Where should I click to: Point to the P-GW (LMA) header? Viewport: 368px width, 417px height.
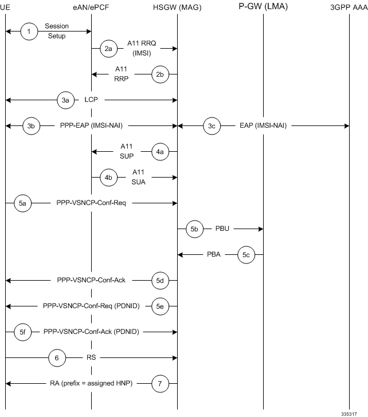(x=263, y=6)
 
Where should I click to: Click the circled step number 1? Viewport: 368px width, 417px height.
(x=29, y=32)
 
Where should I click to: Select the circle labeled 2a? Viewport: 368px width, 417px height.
(x=108, y=49)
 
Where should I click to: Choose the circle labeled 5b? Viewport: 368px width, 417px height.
(x=194, y=229)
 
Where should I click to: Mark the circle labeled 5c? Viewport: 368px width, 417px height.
(x=246, y=254)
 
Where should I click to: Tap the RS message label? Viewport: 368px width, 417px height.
(x=91, y=357)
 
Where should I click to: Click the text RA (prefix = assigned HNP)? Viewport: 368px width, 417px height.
(x=92, y=383)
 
